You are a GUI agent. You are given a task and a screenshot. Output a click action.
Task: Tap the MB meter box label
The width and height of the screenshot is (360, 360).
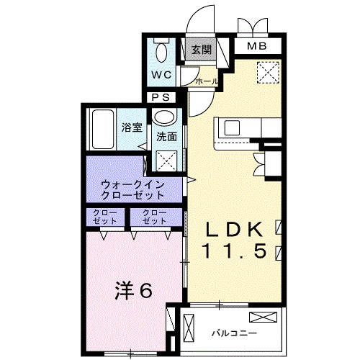(256, 48)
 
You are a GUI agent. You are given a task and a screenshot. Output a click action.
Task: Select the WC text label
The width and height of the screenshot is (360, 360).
(161, 75)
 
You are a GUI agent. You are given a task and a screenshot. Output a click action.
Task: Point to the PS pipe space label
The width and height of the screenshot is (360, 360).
(160, 97)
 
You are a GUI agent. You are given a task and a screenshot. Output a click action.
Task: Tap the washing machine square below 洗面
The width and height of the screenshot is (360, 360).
(169, 161)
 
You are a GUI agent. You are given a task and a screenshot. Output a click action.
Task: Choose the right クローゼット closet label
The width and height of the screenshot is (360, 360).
(154, 217)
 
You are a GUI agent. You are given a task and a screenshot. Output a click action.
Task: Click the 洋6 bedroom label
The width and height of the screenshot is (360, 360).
(133, 291)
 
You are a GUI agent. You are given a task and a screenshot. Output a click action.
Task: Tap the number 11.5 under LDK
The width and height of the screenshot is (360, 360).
(235, 252)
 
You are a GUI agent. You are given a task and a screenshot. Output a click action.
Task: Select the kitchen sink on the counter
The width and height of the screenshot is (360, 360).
(233, 128)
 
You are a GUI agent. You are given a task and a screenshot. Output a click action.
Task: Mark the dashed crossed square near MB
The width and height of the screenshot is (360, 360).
(268, 72)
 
